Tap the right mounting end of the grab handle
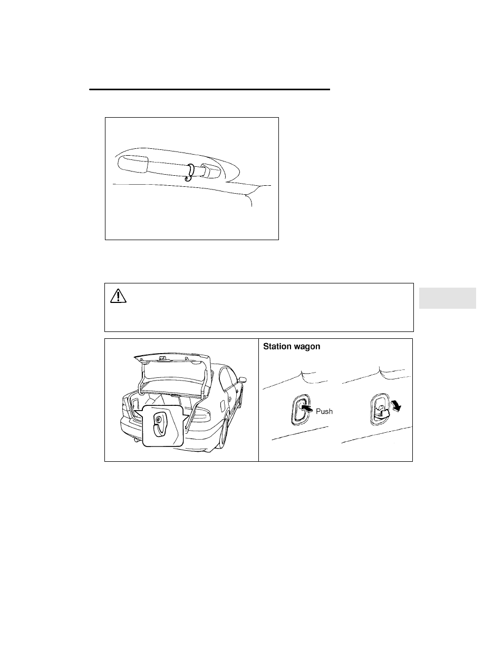coord(210,170)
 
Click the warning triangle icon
coord(118,296)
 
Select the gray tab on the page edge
coord(447,298)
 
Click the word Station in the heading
coord(277,346)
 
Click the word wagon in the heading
coord(307,347)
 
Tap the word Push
coord(324,411)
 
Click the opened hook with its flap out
coord(381,410)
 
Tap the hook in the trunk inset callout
coord(160,425)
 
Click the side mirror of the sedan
coord(242,379)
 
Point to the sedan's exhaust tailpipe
coord(137,439)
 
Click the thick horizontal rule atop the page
coord(209,89)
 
